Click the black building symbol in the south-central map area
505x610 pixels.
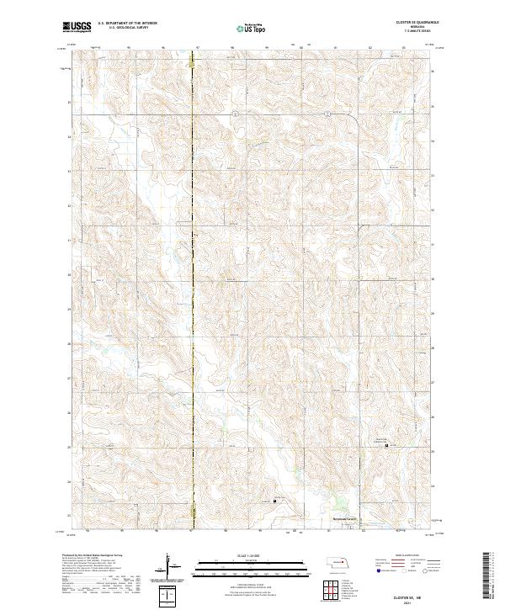(275, 501)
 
